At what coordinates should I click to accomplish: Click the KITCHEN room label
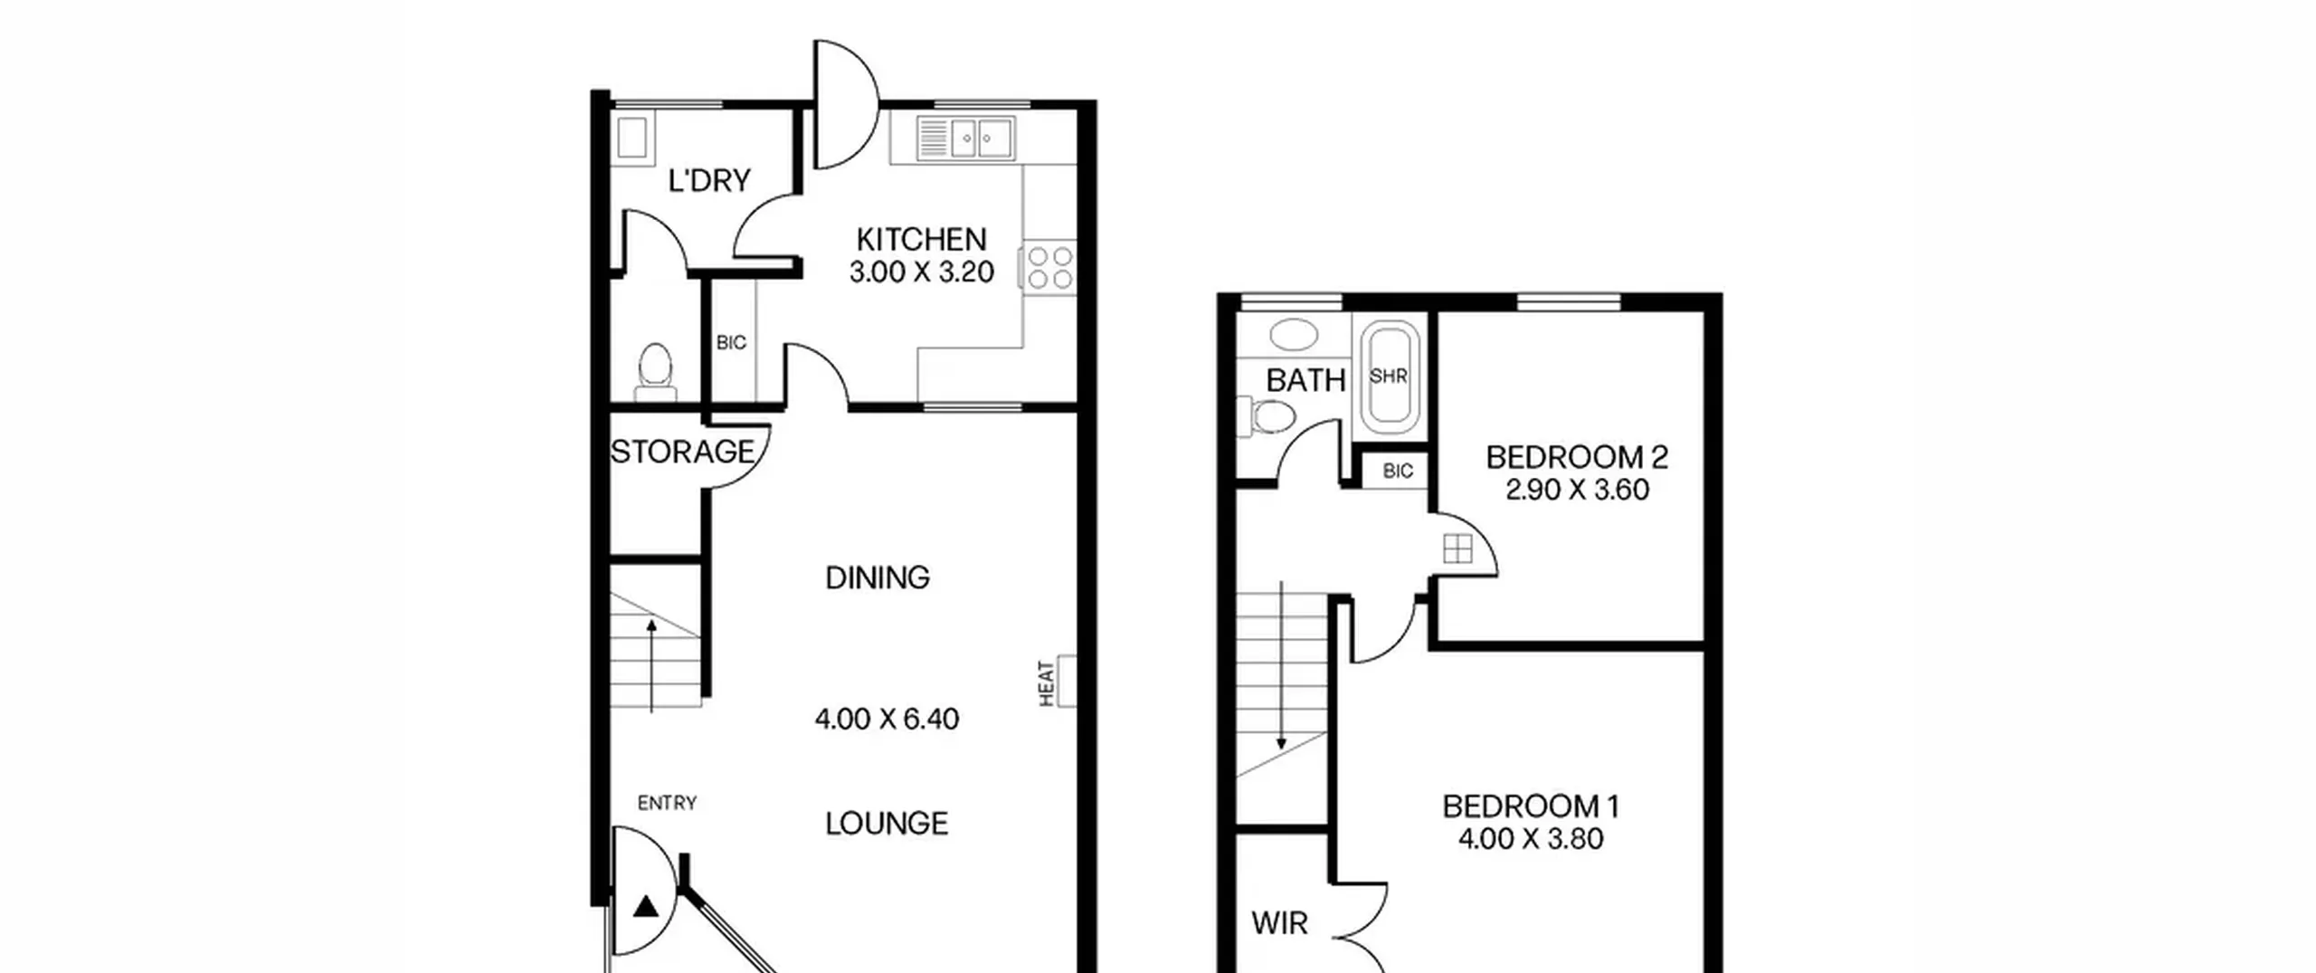pyautogui.click(x=921, y=240)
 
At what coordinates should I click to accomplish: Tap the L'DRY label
pyautogui.click(x=709, y=181)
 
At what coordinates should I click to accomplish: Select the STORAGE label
pyautogui.click(x=682, y=452)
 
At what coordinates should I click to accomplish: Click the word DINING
pyautogui.click(x=878, y=577)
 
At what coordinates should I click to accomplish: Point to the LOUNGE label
pyautogui.click(x=887, y=824)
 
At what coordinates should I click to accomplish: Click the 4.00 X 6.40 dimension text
pyautogui.click(x=887, y=720)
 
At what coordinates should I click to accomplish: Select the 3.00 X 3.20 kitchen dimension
pyautogui.click(x=921, y=272)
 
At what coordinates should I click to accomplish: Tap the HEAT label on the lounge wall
pyautogui.click(x=1047, y=683)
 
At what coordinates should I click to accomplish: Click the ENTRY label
pyautogui.click(x=667, y=803)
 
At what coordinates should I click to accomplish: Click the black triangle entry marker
pyautogui.click(x=646, y=906)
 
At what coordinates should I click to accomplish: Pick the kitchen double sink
pyautogui.click(x=965, y=138)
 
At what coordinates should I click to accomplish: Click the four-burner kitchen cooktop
pyautogui.click(x=1049, y=269)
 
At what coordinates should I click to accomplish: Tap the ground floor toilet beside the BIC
pyautogui.click(x=655, y=371)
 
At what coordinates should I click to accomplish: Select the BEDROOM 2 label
pyautogui.click(x=1577, y=458)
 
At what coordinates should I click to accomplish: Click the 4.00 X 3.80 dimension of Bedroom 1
pyautogui.click(x=1531, y=839)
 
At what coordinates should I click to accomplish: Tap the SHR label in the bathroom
pyautogui.click(x=1389, y=376)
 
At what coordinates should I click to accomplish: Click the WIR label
pyautogui.click(x=1279, y=923)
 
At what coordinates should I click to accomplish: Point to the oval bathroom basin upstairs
pyautogui.click(x=1294, y=334)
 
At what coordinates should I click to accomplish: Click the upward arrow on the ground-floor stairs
pyautogui.click(x=651, y=665)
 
